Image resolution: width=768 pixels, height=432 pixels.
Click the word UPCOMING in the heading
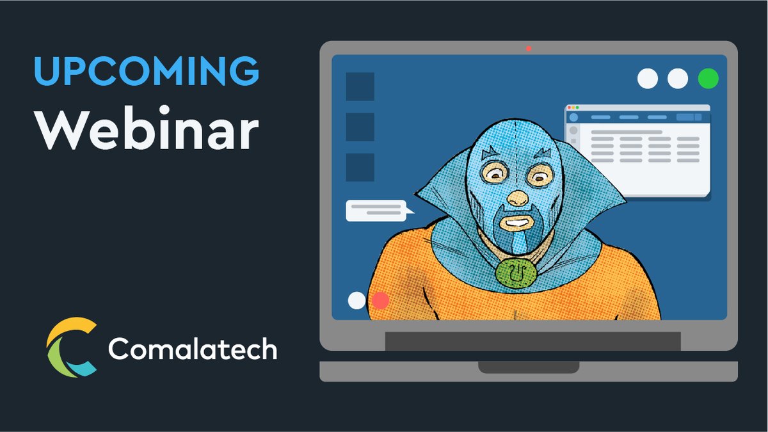point(147,71)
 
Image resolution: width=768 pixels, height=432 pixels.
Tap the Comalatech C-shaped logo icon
point(71,347)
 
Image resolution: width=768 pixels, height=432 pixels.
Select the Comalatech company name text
point(192,349)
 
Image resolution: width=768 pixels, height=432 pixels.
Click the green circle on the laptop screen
point(708,79)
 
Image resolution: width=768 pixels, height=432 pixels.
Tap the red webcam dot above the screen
point(529,48)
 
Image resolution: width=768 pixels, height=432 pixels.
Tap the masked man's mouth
point(516,222)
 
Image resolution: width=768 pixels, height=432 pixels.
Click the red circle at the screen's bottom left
point(381,301)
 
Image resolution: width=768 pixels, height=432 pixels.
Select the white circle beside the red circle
point(356,301)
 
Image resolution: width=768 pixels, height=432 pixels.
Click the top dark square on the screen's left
point(360,86)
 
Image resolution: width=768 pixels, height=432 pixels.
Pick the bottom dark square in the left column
point(360,167)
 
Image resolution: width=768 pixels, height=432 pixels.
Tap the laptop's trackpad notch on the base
point(529,367)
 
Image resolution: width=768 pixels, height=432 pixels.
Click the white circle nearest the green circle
point(678,79)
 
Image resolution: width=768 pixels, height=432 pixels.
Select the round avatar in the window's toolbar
point(573,117)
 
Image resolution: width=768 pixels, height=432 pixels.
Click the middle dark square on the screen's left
point(360,127)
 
